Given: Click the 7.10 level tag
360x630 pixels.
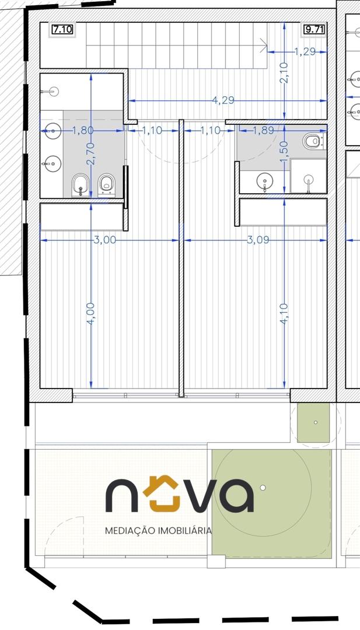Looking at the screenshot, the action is (62, 30).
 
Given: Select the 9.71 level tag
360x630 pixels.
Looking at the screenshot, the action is (314, 30).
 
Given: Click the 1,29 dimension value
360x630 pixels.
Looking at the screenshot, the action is (305, 51).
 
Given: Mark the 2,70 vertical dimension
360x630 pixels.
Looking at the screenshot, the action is (91, 153).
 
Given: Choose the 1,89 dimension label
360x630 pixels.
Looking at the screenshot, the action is (263, 130).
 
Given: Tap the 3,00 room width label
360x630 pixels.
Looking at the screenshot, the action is (104, 240).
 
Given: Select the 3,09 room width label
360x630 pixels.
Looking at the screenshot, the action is (257, 240).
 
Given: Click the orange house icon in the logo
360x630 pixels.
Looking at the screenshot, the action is (160, 494).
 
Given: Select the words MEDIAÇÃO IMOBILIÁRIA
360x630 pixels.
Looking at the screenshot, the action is (158, 531).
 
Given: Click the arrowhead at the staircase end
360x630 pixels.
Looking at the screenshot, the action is (264, 45).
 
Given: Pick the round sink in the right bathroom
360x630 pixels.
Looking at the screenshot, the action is (265, 182).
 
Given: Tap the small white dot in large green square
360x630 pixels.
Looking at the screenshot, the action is (263, 487).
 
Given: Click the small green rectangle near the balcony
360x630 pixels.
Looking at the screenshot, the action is (313, 423).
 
